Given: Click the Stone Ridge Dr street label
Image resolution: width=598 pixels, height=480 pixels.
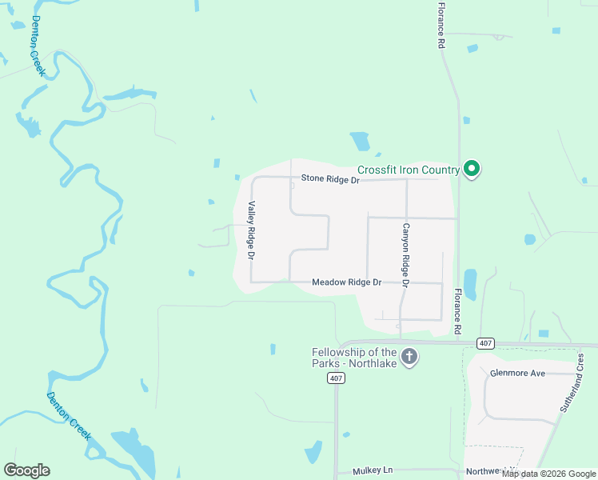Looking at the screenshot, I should [x=330, y=179].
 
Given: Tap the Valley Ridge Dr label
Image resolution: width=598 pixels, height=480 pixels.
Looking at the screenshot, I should [x=251, y=230].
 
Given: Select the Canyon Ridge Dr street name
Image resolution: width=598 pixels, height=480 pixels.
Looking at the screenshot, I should [x=405, y=255].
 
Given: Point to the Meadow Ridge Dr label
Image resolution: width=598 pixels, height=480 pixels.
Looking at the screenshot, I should [x=347, y=282].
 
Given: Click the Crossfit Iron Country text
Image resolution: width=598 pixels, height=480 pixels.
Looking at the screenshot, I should [x=408, y=170].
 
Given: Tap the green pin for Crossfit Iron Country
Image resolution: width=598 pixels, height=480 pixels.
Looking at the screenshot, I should [x=472, y=168].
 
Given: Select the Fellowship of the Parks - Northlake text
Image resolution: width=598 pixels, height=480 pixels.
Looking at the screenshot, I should [x=354, y=357].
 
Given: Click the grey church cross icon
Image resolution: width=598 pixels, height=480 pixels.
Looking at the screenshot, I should [x=409, y=357].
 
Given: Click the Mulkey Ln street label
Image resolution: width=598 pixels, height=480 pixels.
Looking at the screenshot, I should [x=373, y=471].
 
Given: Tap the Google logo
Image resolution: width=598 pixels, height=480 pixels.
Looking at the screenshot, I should [x=26, y=470].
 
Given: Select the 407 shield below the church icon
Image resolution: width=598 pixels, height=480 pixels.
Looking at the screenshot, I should [x=336, y=378].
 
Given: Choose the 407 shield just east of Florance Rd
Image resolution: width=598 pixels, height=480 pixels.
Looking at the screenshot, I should [x=484, y=343].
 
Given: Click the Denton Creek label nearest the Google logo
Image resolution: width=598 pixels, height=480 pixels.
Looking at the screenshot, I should [x=69, y=416].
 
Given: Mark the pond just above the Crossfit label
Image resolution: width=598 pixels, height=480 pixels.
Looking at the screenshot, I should [x=360, y=142].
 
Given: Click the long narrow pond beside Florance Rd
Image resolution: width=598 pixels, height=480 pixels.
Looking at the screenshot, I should [x=470, y=284].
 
